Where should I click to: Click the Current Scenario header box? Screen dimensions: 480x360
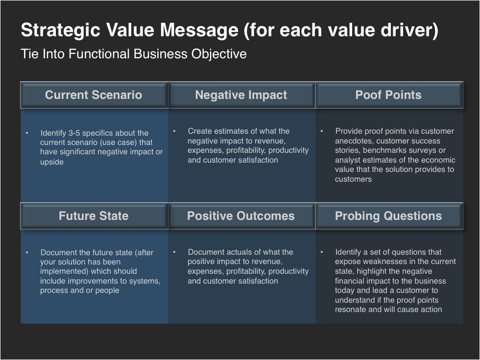click(x=94, y=95)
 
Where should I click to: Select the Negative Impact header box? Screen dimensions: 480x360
click(x=241, y=95)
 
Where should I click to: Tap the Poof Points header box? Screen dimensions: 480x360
click(x=389, y=95)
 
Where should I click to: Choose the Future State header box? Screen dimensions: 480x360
click(x=94, y=216)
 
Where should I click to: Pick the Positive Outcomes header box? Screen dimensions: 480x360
click(x=241, y=216)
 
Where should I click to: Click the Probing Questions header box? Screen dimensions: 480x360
click(x=389, y=216)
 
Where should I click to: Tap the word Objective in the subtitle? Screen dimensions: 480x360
click(x=219, y=54)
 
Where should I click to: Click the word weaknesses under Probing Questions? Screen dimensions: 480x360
click(x=378, y=262)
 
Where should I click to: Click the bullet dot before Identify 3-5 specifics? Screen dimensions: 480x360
click(x=27, y=133)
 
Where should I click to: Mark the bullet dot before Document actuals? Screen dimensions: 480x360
click(x=174, y=252)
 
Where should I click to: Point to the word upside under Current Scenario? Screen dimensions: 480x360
click(x=52, y=162)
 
